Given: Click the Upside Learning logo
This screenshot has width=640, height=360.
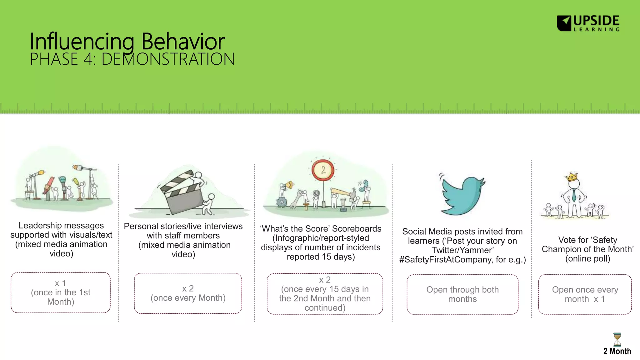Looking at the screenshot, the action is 588,23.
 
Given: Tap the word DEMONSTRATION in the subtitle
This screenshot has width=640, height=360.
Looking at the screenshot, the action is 168,59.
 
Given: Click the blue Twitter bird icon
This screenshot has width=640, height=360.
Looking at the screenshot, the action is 462,196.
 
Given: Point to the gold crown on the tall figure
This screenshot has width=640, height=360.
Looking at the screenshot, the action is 572,177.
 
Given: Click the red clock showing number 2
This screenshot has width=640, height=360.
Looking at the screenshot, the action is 323,170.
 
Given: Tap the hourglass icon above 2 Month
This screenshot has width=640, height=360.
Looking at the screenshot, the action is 617,339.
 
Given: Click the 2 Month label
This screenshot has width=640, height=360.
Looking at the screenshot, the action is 617,351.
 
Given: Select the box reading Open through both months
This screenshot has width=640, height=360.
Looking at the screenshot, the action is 462,294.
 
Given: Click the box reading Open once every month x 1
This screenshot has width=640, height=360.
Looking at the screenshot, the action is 585,294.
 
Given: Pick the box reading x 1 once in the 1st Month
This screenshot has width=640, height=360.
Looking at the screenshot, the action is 61,292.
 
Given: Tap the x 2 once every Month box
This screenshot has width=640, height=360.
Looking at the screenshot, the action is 188,293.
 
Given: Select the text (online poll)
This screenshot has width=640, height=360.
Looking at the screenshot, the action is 587,259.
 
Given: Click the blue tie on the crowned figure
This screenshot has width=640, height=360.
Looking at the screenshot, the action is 574,195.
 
